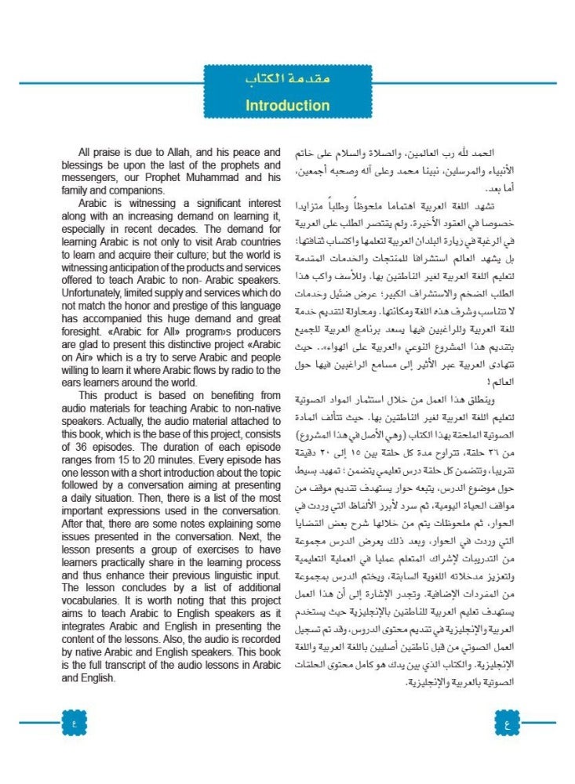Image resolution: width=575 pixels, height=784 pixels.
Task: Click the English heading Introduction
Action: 287,105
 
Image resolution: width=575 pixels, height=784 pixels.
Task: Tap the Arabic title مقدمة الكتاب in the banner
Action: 287,80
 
